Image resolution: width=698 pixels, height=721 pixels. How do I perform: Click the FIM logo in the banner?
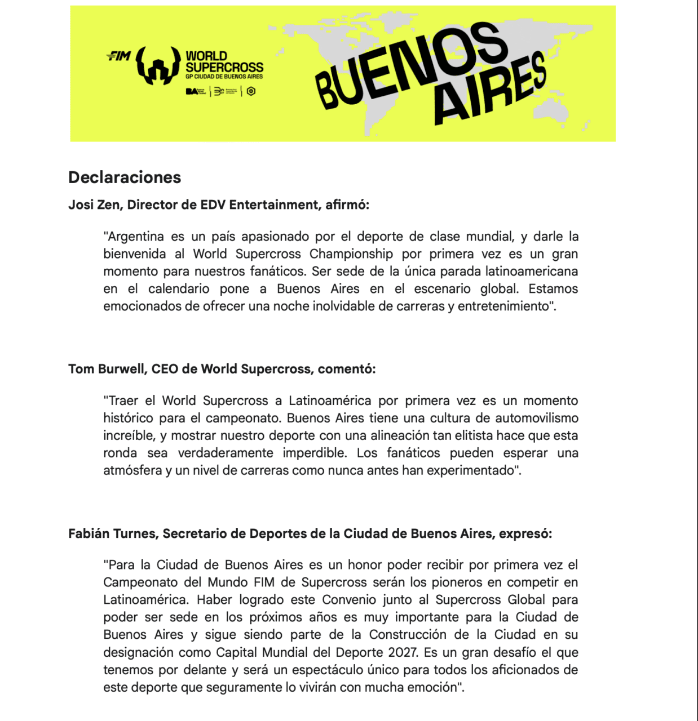pos(118,56)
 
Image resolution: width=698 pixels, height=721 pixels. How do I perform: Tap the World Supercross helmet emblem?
pos(158,66)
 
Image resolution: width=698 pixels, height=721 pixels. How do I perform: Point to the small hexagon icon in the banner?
pos(251,91)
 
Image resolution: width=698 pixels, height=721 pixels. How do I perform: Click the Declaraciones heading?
pos(125,177)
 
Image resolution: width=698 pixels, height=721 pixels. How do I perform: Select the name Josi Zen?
pos(93,205)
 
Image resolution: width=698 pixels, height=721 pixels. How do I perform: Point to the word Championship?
pos(351,254)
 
